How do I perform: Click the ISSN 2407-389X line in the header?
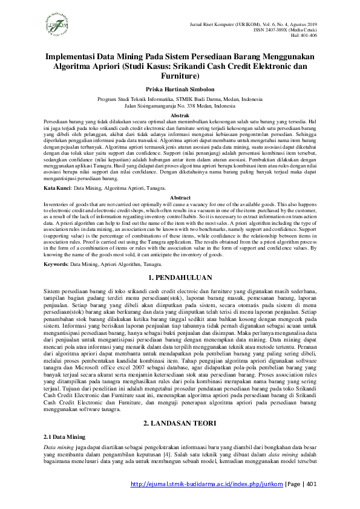[299, 29]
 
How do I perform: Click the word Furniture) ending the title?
[180, 76]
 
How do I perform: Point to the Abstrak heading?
[180, 115]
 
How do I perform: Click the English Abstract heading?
[180, 198]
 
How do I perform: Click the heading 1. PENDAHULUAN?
[180, 279]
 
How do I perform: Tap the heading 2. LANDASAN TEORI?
[180, 424]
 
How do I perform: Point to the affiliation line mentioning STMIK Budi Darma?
[180, 98]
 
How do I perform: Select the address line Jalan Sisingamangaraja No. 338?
[180, 105]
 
